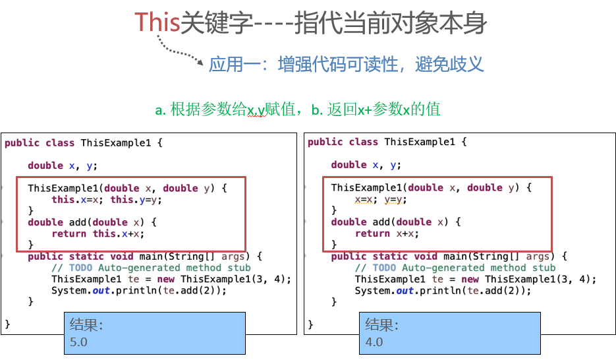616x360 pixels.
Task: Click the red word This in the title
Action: click(x=157, y=22)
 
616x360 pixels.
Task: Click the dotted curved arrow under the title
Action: click(x=178, y=53)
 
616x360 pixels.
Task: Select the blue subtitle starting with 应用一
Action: click(x=346, y=65)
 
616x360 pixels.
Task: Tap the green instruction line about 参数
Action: click(x=297, y=109)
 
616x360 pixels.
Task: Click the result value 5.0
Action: click(x=78, y=342)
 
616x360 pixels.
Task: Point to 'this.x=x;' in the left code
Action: click(x=77, y=200)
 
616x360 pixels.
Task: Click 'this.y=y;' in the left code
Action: click(x=136, y=200)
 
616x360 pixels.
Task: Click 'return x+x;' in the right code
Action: click(x=387, y=233)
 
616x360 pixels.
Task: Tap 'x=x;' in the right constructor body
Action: click(x=366, y=200)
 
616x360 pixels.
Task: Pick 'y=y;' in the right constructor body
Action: click(x=395, y=200)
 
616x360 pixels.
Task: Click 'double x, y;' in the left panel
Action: click(x=63, y=165)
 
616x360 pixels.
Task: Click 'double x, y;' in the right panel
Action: click(x=366, y=165)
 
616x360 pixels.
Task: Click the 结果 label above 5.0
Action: click(x=87, y=325)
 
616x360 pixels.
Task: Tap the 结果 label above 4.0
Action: click(x=382, y=325)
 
